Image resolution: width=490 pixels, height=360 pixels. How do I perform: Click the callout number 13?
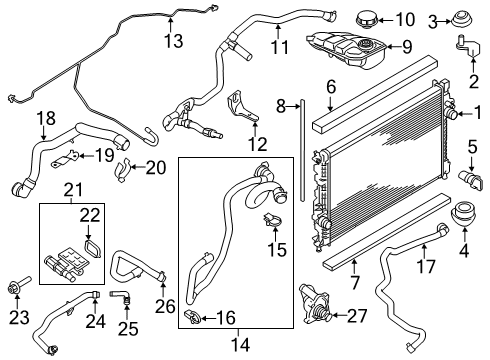175,40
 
